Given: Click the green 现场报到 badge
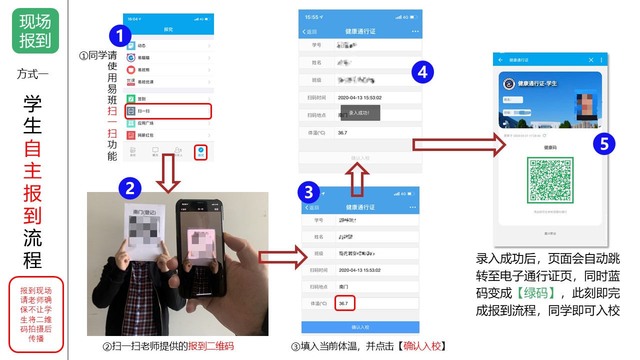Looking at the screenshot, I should point(35,30).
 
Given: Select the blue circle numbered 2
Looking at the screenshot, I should point(130,188).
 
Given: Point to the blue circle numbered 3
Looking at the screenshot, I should point(309,192).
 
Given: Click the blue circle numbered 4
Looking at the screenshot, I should point(422,72).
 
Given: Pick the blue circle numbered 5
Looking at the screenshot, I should point(604,144).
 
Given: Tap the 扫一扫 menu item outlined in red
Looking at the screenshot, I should point(168,111).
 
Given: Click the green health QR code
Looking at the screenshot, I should point(550,180).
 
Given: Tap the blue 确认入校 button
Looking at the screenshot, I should point(360,327).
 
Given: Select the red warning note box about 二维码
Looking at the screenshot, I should point(36,314).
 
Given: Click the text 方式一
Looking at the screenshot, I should point(32,74).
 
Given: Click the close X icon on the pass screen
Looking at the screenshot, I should point(590,60).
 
